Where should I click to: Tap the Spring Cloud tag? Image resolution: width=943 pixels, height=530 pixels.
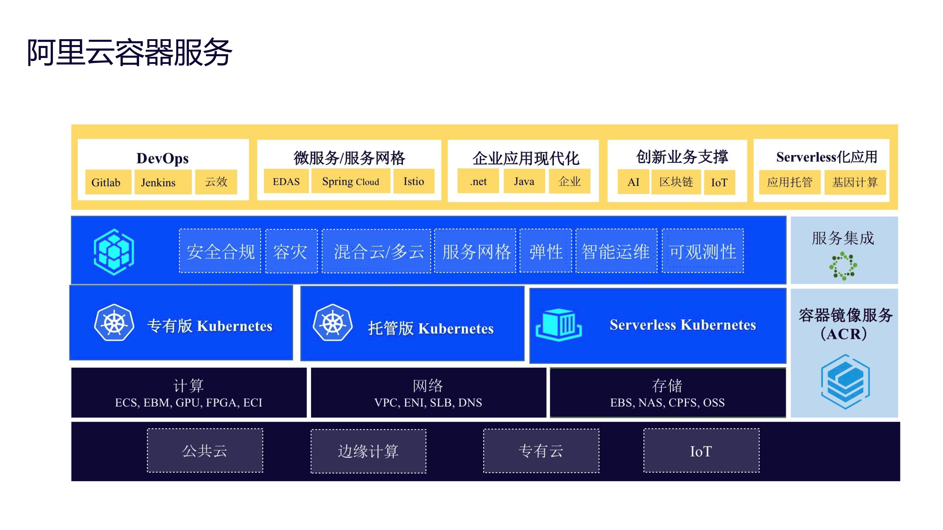[x=350, y=181]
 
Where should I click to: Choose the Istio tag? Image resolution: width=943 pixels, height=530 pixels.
[x=414, y=181]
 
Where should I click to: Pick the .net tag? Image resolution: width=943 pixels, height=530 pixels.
[x=478, y=181]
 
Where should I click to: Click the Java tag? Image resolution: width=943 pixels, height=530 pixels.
[x=524, y=181]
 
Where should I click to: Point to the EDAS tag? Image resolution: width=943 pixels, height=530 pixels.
[x=286, y=181]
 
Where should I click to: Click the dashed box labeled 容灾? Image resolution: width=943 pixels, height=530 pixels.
[x=291, y=251]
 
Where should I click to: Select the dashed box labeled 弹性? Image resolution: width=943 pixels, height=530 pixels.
[x=545, y=251]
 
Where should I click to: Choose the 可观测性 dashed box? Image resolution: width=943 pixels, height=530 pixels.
[x=703, y=251]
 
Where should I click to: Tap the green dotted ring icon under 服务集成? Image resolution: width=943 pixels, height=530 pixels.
[x=843, y=266]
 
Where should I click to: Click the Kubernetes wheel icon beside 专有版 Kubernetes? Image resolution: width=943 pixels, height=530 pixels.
[x=114, y=323]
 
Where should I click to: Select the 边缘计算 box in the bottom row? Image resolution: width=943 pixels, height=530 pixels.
[x=368, y=451]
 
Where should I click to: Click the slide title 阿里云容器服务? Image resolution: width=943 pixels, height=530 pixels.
[x=130, y=52]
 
